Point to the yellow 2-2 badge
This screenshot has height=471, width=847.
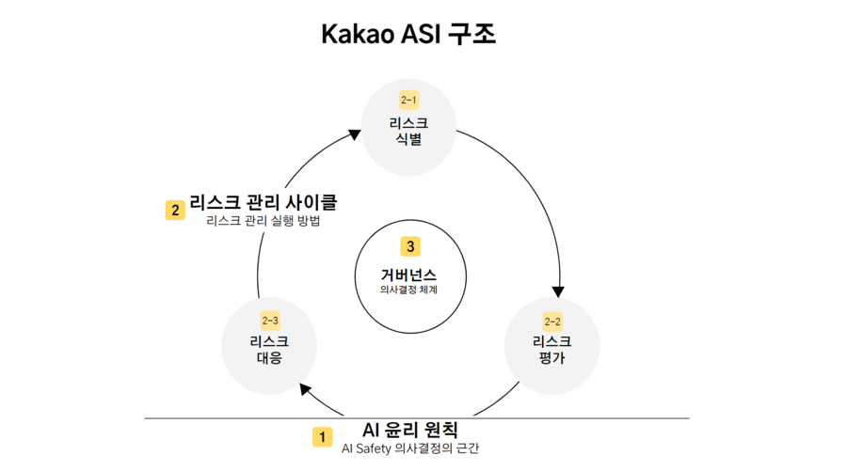[552, 321]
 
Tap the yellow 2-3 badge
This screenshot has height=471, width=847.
[269, 321]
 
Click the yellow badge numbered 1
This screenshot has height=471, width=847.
[322, 437]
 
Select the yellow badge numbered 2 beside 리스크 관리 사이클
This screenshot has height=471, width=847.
[174, 210]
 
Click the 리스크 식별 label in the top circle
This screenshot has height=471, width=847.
[408, 132]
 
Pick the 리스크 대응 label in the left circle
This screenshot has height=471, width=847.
[269, 350]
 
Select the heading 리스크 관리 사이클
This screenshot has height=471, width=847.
[264, 202]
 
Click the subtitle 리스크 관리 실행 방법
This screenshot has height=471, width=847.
[264, 222]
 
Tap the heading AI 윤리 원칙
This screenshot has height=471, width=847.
[409, 431]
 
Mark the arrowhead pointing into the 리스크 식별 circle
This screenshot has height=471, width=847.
[355, 133]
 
